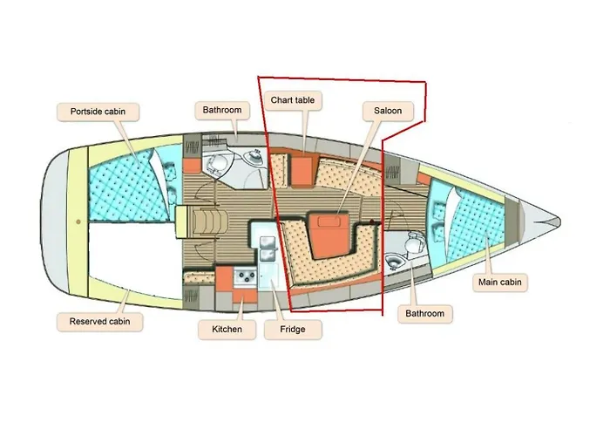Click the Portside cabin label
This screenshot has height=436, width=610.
click(x=98, y=112)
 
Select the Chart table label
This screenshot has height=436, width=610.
click(x=293, y=100)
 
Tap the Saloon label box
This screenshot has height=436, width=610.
click(x=388, y=111)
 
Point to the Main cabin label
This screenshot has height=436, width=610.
click(x=500, y=283)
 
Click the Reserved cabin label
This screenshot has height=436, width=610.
click(x=99, y=322)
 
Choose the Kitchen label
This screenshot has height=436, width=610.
click(x=227, y=330)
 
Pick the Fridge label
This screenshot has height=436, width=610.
click(x=293, y=330)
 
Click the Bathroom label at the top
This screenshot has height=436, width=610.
click(x=222, y=110)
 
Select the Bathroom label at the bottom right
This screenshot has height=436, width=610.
click(x=425, y=314)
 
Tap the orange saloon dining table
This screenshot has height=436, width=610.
click(x=329, y=235)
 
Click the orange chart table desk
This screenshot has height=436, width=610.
click(x=302, y=170)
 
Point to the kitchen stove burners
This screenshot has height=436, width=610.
click(x=245, y=276)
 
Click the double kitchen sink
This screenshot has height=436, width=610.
click(x=268, y=249)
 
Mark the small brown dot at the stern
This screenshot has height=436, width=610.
click(x=78, y=221)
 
